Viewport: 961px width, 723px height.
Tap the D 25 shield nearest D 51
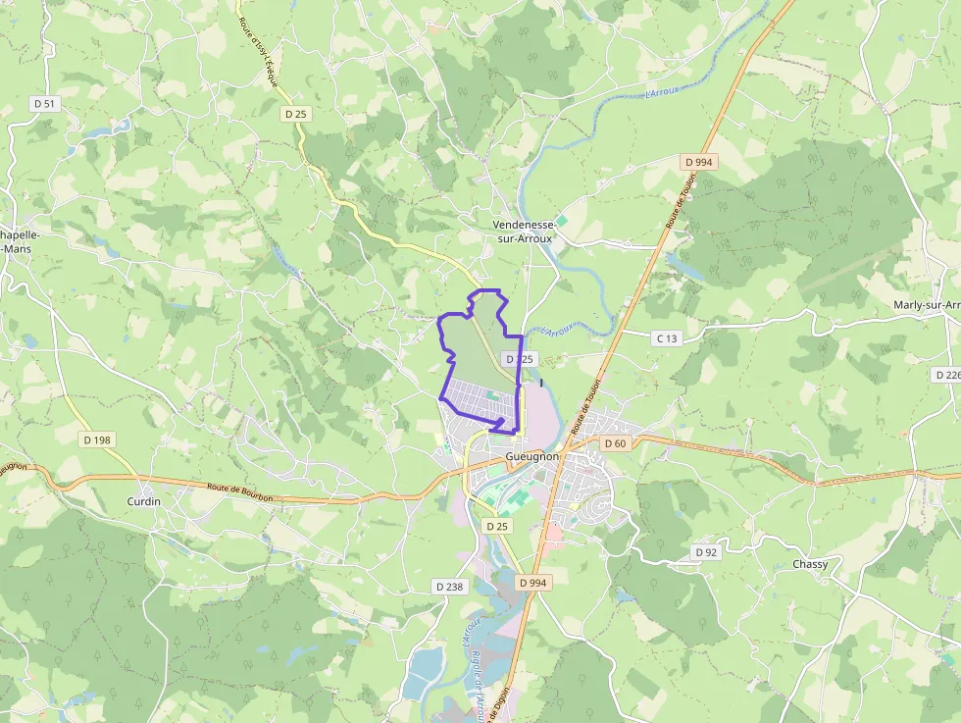click(296, 114)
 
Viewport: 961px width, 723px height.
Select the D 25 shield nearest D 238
click(498, 527)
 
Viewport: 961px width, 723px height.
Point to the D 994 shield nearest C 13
click(699, 162)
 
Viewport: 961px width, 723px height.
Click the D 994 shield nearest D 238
click(532, 583)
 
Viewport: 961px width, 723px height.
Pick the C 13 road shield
click(666, 338)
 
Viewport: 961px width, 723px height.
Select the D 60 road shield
click(615, 443)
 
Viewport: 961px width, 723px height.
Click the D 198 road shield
click(97, 439)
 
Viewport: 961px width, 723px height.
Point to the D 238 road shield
click(448, 587)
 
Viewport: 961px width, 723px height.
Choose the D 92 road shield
click(706, 552)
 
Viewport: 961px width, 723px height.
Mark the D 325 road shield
click(519, 360)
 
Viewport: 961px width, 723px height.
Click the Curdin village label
click(143, 501)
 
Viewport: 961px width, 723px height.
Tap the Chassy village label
click(810, 564)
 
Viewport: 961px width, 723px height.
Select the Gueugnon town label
click(532, 457)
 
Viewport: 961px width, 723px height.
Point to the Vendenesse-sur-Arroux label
click(524, 232)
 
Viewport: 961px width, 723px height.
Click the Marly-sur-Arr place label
click(926, 305)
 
